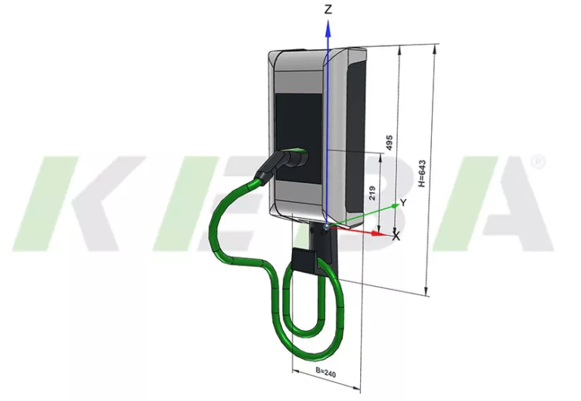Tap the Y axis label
(404, 203)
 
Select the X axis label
(396, 237)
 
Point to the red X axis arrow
(371, 232)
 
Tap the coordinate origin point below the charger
(326, 225)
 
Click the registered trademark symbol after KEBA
(538, 162)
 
